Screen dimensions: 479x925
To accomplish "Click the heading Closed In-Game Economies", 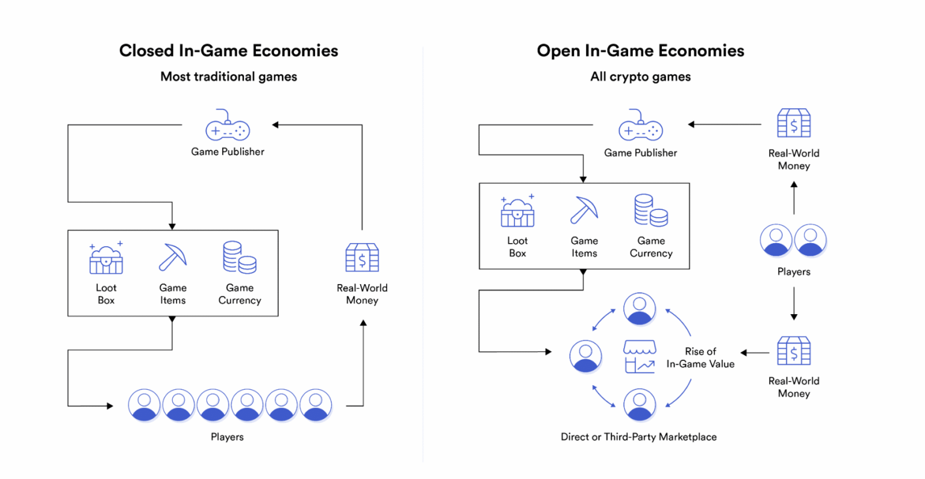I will tap(228, 51).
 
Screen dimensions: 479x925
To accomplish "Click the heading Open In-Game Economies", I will tap(640, 51).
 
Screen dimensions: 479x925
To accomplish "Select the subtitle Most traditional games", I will tap(228, 76).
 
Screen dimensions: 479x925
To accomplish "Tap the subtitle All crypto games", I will tap(640, 76).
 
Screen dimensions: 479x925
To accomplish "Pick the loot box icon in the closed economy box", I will tap(106, 258).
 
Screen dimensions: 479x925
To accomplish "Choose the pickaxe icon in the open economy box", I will tap(584, 210).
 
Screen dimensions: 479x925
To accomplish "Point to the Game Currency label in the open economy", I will tap(651, 247).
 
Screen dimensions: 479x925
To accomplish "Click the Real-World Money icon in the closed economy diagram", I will tap(362, 258).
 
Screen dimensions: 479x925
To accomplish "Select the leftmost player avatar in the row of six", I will tap(144, 405).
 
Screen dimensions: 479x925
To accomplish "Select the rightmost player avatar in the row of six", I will tap(316, 405).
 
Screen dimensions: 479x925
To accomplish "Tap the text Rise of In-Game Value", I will tap(700, 357).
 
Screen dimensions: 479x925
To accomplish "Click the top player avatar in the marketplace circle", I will tap(640, 308).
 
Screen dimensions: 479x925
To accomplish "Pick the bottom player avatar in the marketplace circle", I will tap(640, 405).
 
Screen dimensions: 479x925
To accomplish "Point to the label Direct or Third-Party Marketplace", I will tap(638, 437).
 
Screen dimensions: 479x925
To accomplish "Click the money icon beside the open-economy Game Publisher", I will tap(794, 124).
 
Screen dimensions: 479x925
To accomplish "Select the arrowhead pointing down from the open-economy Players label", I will tap(794, 317).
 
